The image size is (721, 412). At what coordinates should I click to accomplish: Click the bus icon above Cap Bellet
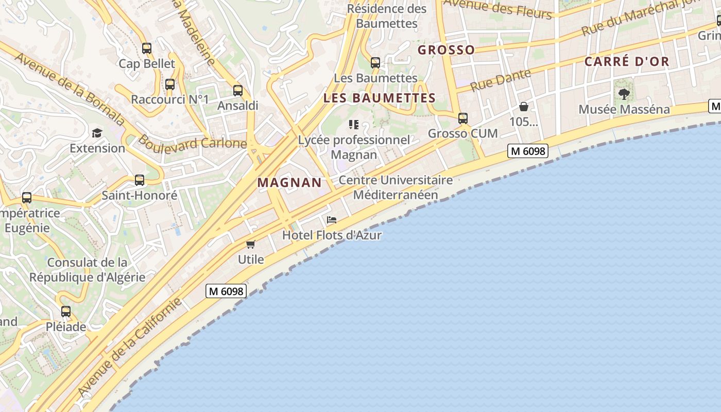[x=147, y=48]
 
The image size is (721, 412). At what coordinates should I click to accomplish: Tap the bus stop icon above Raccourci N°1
[x=170, y=84]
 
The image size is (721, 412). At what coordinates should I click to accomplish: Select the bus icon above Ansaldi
[x=237, y=91]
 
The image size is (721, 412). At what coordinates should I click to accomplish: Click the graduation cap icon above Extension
[x=97, y=133]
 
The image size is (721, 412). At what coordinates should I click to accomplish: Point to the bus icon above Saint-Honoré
[x=140, y=180]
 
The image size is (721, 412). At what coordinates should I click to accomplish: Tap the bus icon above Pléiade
[x=66, y=312]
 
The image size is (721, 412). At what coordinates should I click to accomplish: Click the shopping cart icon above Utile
[x=251, y=244]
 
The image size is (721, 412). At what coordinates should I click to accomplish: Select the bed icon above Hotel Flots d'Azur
[x=332, y=220]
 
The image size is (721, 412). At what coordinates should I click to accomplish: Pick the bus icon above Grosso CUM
[x=463, y=118]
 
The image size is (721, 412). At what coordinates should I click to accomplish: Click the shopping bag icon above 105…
[x=524, y=107]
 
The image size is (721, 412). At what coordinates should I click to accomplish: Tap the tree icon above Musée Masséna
[x=624, y=94]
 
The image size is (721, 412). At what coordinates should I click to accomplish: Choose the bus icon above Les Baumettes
[x=375, y=63]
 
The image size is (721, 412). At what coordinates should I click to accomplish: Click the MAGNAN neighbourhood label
[x=289, y=182]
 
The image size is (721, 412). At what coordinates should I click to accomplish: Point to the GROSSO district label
[x=446, y=50]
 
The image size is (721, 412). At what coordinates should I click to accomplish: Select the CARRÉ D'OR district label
[x=627, y=62]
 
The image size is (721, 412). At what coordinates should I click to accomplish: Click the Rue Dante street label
[x=501, y=80]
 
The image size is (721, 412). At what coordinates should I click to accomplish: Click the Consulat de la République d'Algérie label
[x=87, y=269]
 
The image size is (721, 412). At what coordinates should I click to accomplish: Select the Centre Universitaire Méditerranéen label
[x=396, y=187]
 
